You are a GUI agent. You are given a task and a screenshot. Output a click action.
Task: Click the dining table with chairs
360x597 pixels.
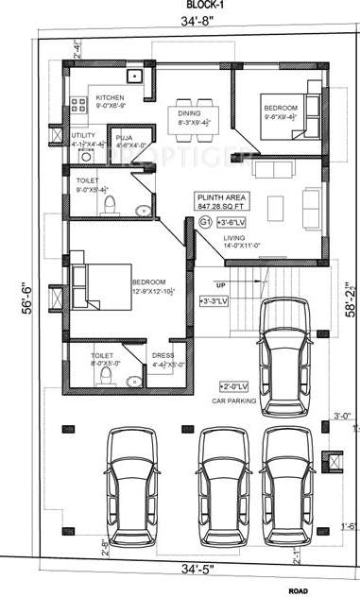pos(193,118)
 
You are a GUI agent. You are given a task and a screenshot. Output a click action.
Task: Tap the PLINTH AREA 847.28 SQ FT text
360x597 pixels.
pos(221,201)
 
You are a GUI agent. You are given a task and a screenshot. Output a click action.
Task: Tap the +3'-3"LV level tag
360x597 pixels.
pos(211,302)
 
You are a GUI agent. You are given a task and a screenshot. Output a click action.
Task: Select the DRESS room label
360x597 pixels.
pos(163,358)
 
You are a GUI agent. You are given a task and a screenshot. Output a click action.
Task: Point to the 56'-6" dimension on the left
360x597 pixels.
pos(27,294)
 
